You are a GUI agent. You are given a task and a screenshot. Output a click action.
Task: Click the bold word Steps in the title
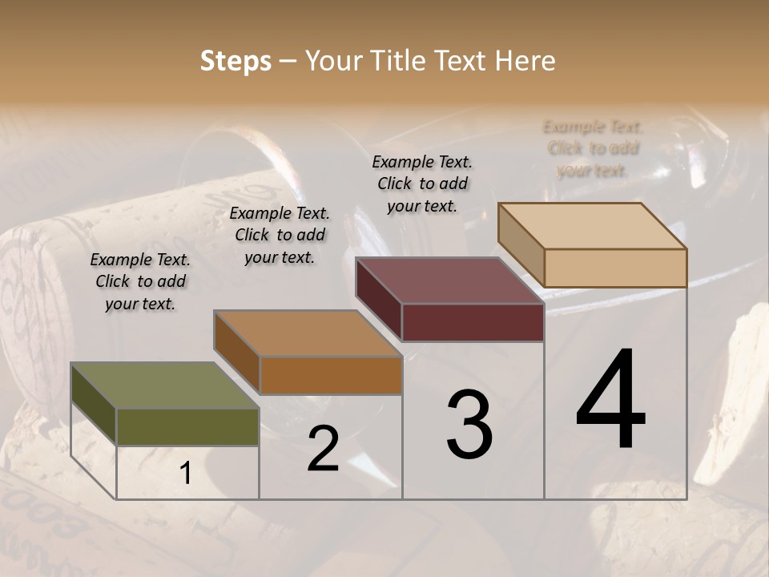coord(236,61)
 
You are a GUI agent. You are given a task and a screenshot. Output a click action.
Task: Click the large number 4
coord(610,401)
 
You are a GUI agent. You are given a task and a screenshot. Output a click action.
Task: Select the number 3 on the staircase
coord(469,424)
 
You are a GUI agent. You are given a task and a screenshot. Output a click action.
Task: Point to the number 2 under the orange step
coord(323,450)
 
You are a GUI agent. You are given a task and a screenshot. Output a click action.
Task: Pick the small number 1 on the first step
coord(186,474)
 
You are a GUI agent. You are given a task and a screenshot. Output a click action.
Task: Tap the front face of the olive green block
coord(187,426)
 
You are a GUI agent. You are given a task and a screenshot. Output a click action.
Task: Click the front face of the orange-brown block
coord(331,375)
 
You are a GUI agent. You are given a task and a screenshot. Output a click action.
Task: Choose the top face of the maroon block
coord(449,280)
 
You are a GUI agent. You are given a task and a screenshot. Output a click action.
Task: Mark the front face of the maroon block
coord(473,322)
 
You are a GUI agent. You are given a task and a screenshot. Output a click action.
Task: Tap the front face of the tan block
coord(615,268)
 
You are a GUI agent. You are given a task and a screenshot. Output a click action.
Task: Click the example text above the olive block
coord(140,281)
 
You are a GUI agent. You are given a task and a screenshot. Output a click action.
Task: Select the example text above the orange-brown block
coord(280,235)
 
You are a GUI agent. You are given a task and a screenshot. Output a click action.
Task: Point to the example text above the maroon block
coord(422,184)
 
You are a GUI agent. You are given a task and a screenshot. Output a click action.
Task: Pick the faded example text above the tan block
coord(593,148)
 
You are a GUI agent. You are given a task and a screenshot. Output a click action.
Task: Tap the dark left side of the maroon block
coord(378,299)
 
